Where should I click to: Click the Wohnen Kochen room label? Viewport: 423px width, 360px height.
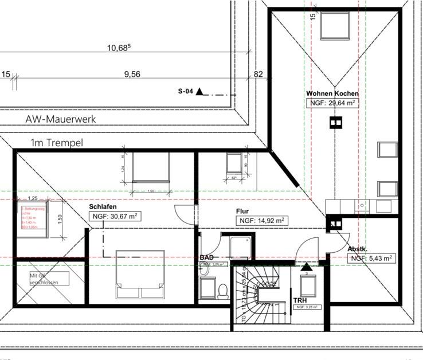(332, 93)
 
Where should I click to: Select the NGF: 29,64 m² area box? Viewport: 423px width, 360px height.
(332, 103)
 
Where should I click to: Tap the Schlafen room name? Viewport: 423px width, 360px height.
(104, 206)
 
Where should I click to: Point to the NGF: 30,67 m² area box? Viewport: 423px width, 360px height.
(115, 216)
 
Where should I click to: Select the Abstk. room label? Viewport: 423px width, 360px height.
(358, 249)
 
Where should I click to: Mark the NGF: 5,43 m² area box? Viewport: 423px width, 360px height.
(372, 259)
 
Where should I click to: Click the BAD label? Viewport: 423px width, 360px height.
(206, 259)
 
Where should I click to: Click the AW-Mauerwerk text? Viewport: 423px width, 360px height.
(61, 119)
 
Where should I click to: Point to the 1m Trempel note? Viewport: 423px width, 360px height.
(57, 142)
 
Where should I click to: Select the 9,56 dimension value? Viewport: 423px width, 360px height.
(132, 74)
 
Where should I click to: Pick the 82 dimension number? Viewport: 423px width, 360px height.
(258, 74)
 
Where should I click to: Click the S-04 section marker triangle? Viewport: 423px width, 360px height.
(199, 91)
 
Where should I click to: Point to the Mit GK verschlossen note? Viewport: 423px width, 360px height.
(48, 279)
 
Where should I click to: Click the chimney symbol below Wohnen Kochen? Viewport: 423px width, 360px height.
(334, 122)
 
